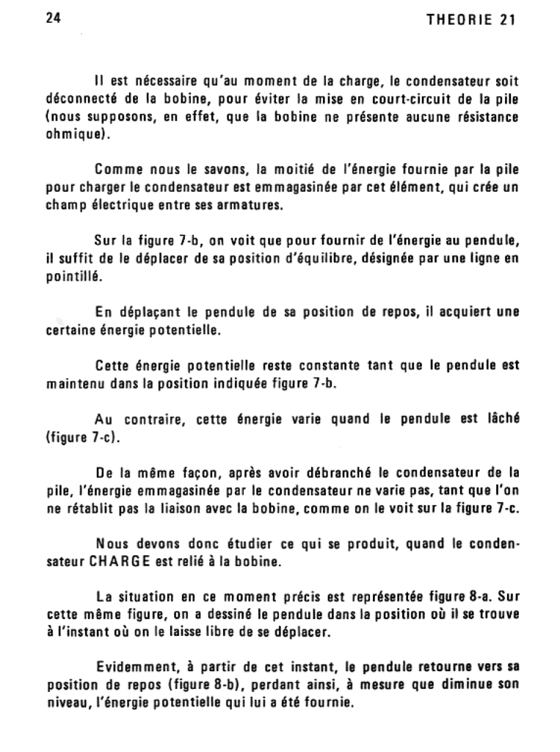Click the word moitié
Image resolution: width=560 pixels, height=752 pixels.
pos(304,171)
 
